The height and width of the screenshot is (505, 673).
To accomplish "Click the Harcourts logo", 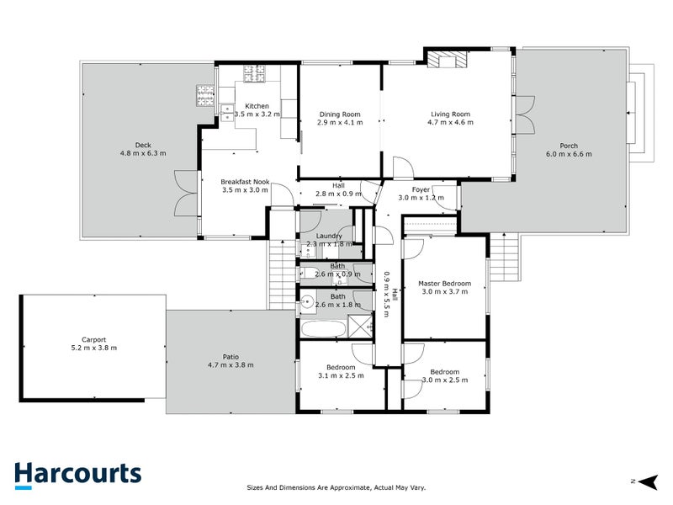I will pyautogui.click(x=77, y=474).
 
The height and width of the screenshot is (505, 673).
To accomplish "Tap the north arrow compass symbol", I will pyautogui.click(x=645, y=481).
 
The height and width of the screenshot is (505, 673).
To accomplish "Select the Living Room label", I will pyautogui.click(x=450, y=114).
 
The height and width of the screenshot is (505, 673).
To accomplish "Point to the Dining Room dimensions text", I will pyautogui.click(x=340, y=123).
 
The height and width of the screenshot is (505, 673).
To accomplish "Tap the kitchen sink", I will pyautogui.click(x=227, y=109).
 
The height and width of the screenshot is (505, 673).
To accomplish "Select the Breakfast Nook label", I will pyautogui.click(x=245, y=181).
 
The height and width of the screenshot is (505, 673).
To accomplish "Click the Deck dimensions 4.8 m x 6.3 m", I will pyautogui.click(x=143, y=154).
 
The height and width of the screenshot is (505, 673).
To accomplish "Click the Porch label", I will pyautogui.click(x=569, y=145).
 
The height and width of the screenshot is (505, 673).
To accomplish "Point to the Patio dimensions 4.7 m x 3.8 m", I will pyautogui.click(x=230, y=364).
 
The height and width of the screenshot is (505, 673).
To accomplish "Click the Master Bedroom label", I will pyautogui.click(x=444, y=284).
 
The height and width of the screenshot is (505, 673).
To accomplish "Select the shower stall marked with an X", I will pyautogui.click(x=361, y=327).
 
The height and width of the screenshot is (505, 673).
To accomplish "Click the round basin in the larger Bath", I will pyautogui.click(x=309, y=300).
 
